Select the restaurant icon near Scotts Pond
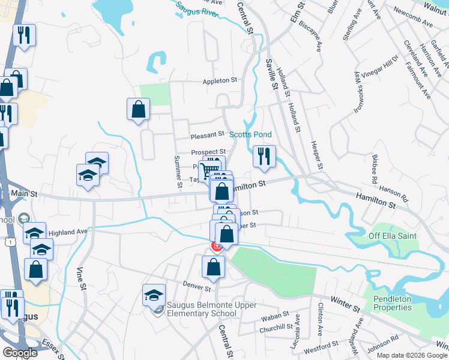[x=264, y=157]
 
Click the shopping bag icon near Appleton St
[x=138, y=110]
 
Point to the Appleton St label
[x=220, y=80]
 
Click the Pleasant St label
[x=207, y=134]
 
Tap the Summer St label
[x=178, y=172]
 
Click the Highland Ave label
[x=68, y=231]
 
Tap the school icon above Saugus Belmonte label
[x=154, y=295]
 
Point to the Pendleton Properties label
[x=393, y=303]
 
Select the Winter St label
[x=348, y=308]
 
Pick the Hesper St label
[x=318, y=156]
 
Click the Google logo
[x=20, y=352]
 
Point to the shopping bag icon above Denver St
[x=214, y=267]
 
